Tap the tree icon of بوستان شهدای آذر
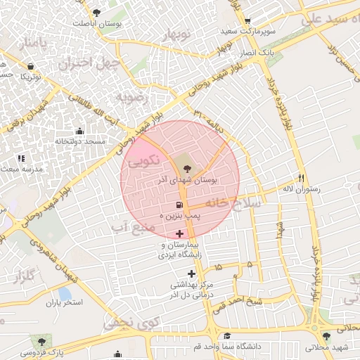pos(186,167)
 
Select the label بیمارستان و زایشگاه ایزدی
pos(182,250)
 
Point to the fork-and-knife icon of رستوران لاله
pos(302,178)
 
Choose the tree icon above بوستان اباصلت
pos(96,12)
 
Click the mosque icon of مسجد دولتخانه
pos(79,131)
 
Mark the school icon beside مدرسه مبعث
pos(21,158)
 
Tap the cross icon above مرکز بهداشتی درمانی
pos(191,274)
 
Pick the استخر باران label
pos(65,303)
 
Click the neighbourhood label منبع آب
pos(128,228)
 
